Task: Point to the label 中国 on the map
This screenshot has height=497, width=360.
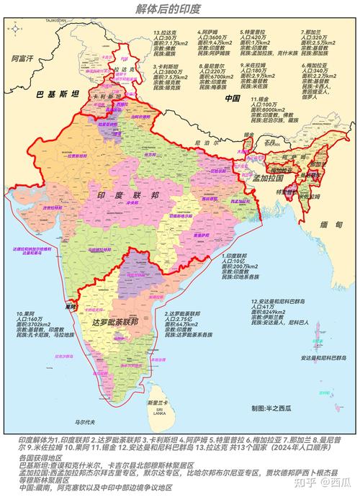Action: [x=232, y=98]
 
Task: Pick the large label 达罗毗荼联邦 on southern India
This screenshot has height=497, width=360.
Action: [x=128, y=324]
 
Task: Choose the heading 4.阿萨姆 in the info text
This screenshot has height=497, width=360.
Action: [x=210, y=33]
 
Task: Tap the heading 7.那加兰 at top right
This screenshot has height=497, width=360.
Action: [x=315, y=33]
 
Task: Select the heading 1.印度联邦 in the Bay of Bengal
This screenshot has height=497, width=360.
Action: [x=238, y=256]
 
